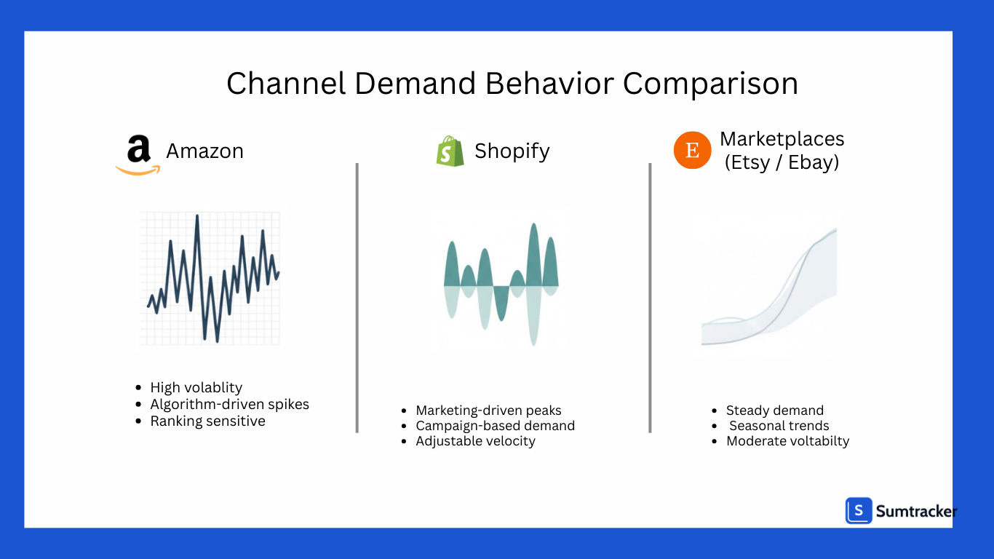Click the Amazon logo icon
(x=138, y=154)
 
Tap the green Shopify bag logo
(x=450, y=151)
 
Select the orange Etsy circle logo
(x=692, y=151)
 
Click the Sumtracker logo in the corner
(x=901, y=511)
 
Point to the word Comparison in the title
(x=710, y=84)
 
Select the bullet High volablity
(x=196, y=387)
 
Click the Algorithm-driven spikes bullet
(x=229, y=404)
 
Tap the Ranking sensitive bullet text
(x=207, y=421)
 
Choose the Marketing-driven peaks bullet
(x=488, y=411)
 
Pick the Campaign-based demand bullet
(x=495, y=426)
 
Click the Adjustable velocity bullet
(x=475, y=441)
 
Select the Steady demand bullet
(x=774, y=411)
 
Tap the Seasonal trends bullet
(x=779, y=426)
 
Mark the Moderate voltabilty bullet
(x=787, y=441)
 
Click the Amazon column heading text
(x=204, y=151)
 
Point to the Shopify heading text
(x=512, y=151)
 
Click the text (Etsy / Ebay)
(x=782, y=162)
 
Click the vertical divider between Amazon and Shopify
(x=357, y=298)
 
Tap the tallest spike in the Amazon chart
(x=196, y=217)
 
